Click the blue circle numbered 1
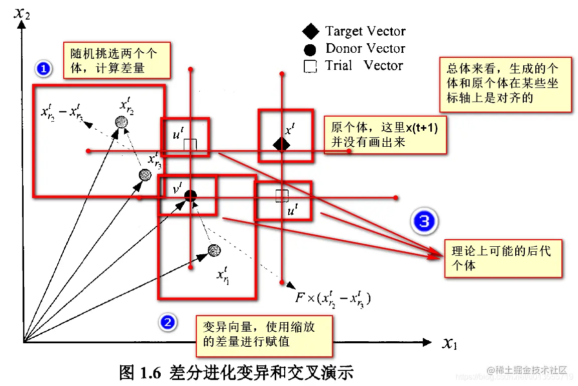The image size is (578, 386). click(44, 68)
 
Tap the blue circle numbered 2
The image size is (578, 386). click(167, 322)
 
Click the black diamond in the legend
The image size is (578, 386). click(311, 32)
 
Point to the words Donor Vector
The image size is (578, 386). click(365, 49)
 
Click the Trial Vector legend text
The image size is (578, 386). click(364, 66)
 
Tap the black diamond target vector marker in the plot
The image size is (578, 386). click(281, 145)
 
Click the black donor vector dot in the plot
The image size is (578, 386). click(190, 196)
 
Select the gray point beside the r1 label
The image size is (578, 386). click(214, 250)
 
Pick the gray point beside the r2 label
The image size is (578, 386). click(121, 122)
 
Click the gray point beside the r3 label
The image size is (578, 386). click(145, 174)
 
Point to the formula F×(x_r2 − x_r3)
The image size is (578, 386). click(333, 298)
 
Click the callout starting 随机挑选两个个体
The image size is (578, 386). click(117, 60)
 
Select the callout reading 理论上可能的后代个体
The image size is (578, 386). click(503, 258)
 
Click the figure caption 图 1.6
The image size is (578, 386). click(237, 372)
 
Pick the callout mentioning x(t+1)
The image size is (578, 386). click(385, 135)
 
